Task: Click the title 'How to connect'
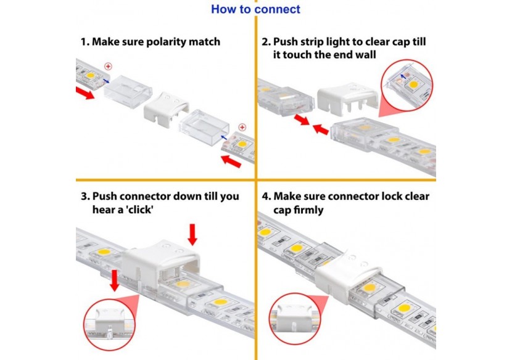[x=255, y=9]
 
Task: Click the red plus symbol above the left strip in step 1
[x=108, y=65]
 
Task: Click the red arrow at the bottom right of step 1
[x=230, y=162]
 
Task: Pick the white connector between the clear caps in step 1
[x=164, y=109]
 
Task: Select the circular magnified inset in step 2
[x=408, y=84]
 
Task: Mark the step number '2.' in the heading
[x=266, y=43]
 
